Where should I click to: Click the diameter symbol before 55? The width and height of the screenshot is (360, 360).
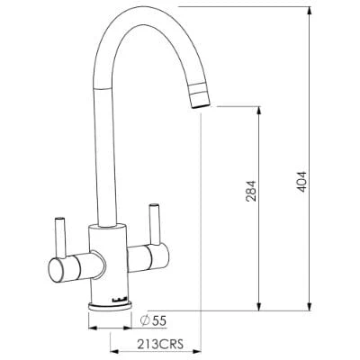coord(145,319)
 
